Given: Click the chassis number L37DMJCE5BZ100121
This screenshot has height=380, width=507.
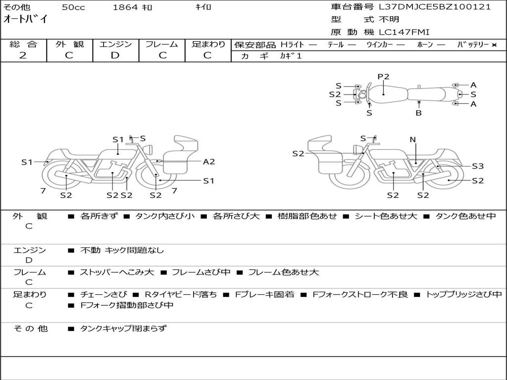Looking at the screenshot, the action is (435, 7).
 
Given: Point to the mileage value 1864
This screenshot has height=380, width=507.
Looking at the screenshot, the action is (125, 7).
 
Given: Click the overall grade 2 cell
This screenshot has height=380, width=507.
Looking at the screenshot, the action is (23, 55).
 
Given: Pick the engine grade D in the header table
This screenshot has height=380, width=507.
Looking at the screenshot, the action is (115, 55).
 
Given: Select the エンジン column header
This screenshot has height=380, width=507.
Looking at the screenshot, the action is (115, 44).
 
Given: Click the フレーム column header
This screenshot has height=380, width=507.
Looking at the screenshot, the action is (162, 44).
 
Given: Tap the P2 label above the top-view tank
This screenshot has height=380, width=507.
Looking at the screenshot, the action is (384, 77).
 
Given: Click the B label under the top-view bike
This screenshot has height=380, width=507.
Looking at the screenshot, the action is (418, 113).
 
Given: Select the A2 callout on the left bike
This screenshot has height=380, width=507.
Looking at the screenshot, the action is (209, 161).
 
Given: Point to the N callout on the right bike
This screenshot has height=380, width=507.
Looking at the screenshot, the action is (413, 140).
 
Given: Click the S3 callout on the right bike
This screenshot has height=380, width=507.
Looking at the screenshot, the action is (477, 166).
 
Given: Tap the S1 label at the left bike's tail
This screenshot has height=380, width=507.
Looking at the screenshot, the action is (26, 162).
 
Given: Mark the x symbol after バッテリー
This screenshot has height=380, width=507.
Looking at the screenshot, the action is (494, 45).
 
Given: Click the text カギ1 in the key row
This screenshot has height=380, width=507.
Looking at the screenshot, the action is (291, 56).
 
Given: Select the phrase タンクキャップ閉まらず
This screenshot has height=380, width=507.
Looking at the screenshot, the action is (123, 328).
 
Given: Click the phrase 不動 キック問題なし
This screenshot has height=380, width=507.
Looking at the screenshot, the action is (122, 250).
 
